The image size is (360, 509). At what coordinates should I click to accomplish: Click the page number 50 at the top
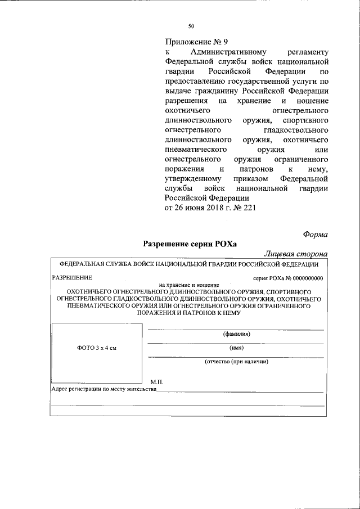(x=191, y=26)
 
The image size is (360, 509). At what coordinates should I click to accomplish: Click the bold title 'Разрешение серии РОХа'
(x=190, y=244)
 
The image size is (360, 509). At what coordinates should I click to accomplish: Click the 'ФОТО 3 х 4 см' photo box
(x=97, y=348)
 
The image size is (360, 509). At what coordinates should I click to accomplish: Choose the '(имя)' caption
(x=236, y=348)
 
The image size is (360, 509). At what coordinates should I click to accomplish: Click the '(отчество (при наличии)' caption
(x=236, y=362)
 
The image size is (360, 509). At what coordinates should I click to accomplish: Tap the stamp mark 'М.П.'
(x=156, y=381)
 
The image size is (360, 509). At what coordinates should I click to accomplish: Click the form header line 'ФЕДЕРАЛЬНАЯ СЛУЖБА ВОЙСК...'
(x=186, y=264)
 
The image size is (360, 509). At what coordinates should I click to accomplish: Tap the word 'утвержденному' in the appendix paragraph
(x=193, y=178)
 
